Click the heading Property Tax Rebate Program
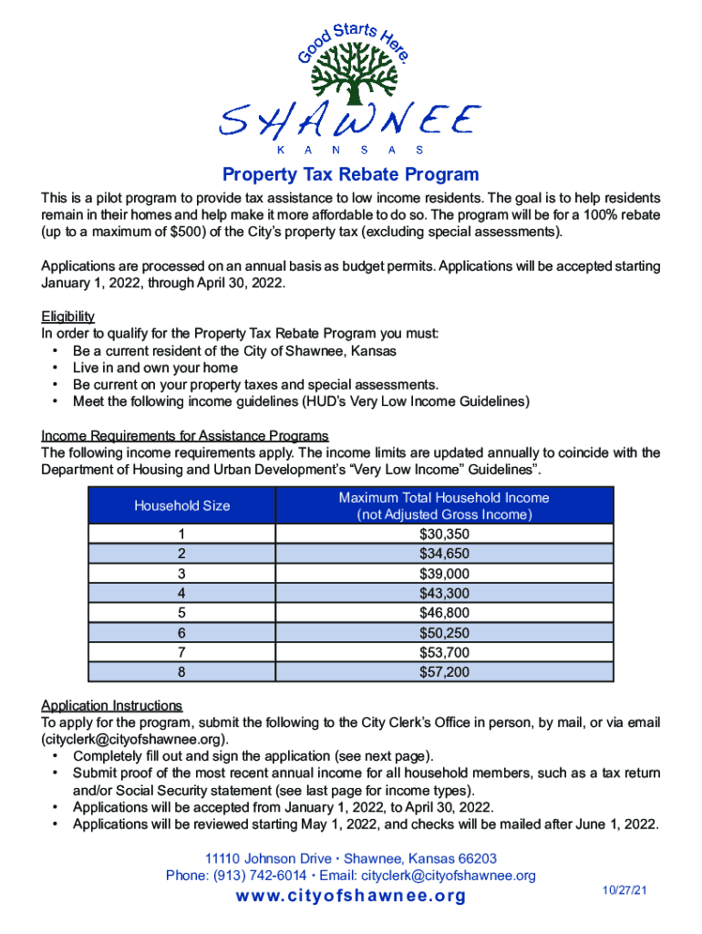coord(351,174)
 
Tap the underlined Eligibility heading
coord(67,317)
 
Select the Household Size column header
coord(182,505)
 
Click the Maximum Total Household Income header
coord(444,505)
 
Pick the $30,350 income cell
coord(444,534)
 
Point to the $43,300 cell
coord(444,593)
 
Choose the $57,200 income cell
coord(444,671)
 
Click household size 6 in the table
coord(182,632)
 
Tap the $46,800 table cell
coord(444,613)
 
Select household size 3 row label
coord(182,574)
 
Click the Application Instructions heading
coord(111,706)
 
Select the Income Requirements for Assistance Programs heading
coord(184,435)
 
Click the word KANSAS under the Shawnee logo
coord(351,149)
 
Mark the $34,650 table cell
coord(444,554)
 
